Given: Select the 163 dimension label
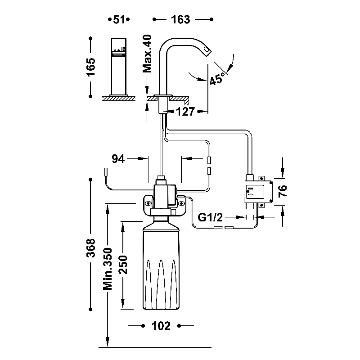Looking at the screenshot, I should click(x=183, y=19).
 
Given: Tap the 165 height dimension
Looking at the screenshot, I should click(x=91, y=68).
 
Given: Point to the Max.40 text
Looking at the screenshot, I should click(x=148, y=54).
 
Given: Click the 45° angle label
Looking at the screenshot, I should click(x=217, y=79).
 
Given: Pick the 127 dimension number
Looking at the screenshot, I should click(x=185, y=112).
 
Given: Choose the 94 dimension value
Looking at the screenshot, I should click(x=118, y=158).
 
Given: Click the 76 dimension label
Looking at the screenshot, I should click(x=283, y=192).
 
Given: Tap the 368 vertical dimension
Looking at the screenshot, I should click(x=91, y=247).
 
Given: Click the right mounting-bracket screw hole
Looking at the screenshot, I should click(x=182, y=203).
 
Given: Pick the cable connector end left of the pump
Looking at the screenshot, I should click(x=105, y=172).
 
